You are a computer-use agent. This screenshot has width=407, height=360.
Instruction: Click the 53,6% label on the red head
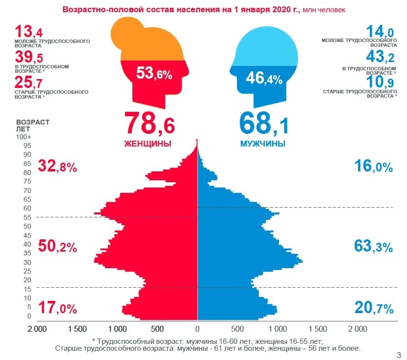[154, 74]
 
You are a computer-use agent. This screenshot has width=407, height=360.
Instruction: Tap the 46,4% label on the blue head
[264, 78]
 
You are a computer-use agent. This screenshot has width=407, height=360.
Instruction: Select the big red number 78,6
[149, 124]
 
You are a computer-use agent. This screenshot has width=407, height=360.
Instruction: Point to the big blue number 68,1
[264, 124]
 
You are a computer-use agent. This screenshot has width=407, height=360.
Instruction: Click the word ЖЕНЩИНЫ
[148, 144]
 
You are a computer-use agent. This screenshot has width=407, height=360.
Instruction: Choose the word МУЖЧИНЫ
[263, 144]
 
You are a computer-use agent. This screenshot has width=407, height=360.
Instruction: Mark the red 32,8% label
[58, 167]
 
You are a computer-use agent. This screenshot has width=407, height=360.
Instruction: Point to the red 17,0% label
[58, 308]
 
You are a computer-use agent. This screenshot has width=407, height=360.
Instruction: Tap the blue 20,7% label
[373, 308]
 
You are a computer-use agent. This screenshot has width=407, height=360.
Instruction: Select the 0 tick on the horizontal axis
[197, 329]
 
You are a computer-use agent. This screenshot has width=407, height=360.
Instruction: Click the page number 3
[399, 355]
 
